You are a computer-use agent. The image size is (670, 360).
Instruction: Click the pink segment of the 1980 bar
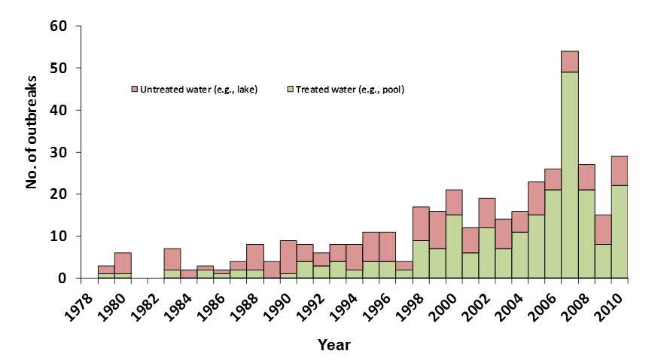click(123, 263)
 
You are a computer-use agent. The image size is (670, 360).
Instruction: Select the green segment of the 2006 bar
click(553, 233)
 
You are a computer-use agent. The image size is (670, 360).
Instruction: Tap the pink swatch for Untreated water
click(136, 90)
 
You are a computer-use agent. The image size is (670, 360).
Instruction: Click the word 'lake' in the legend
click(247, 90)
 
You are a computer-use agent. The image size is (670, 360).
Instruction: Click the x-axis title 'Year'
click(333, 344)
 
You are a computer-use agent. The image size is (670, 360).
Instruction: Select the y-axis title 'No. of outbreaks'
click(32, 151)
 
